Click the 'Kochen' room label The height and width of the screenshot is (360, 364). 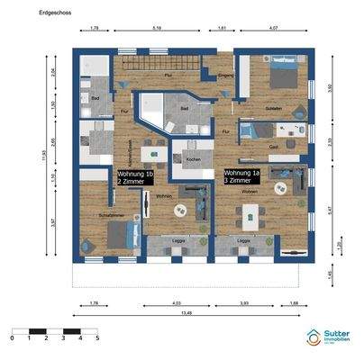(x=193, y=159)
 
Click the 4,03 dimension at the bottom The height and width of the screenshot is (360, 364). (x=170, y=302)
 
